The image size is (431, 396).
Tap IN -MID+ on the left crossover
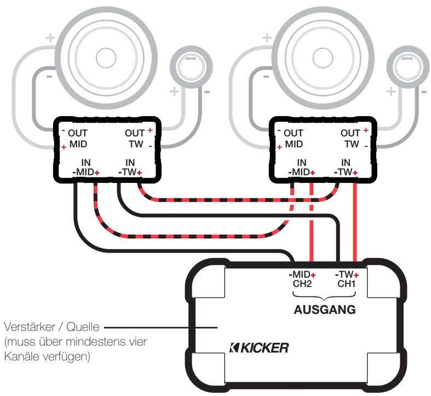pyautogui.click(x=87, y=167)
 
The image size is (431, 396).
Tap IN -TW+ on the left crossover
pyautogui.click(x=130, y=167)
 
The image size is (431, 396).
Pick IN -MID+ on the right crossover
pyautogui.click(x=302, y=167)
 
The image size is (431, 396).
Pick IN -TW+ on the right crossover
pyautogui.click(x=346, y=167)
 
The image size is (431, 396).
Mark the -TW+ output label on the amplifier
pyautogui.click(x=346, y=274)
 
